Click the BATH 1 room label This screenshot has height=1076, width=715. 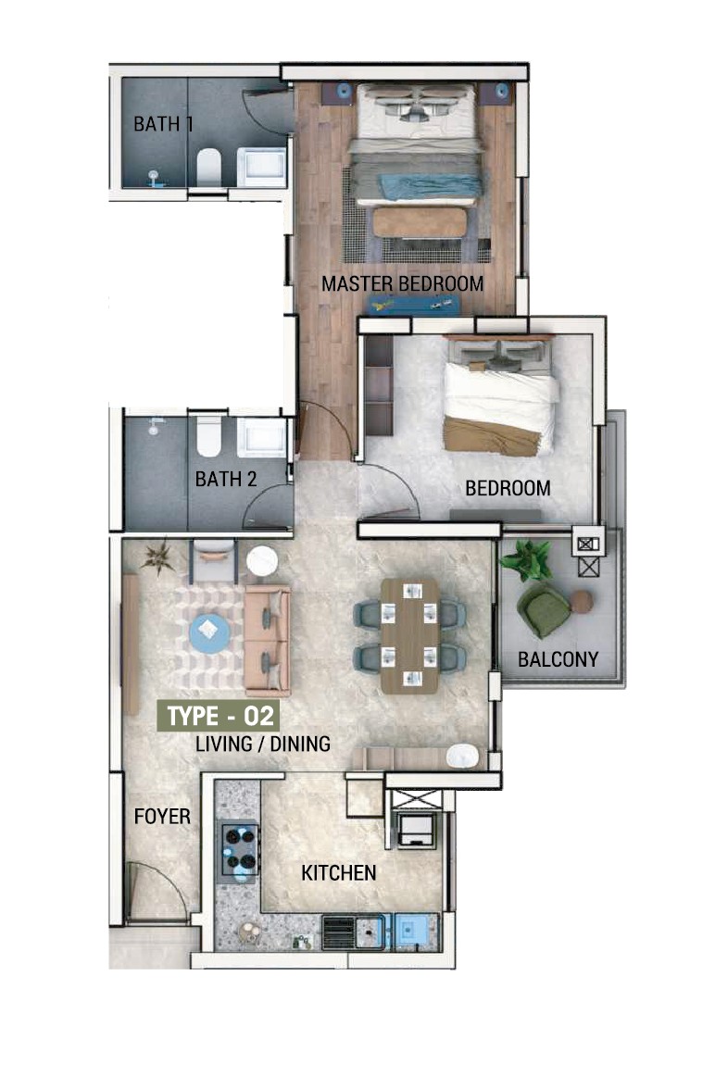click(163, 124)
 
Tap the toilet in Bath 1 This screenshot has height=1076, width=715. click(208, 166)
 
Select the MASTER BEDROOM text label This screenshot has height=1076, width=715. click(402, 283)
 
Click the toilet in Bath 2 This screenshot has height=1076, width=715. click(208, 436)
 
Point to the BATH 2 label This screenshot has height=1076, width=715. click(226, 479)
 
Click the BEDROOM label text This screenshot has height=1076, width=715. click(508, 489)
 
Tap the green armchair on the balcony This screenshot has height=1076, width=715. click(544, 609)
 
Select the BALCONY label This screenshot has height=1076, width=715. click(558, 659)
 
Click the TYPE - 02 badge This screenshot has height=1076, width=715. click(219, 716)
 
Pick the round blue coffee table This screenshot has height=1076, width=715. click(209, 632)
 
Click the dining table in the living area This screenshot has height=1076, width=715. click(409, 635)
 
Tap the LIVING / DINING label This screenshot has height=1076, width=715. click(263, 744)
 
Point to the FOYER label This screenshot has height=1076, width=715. click(162, 817)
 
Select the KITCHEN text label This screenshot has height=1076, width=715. click(338, 873)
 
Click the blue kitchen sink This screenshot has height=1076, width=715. click(413, 932)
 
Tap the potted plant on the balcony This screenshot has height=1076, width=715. click(527, 559)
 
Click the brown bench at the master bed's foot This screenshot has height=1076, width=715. click(420, 223)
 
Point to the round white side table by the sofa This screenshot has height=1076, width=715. click(262, 561)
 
